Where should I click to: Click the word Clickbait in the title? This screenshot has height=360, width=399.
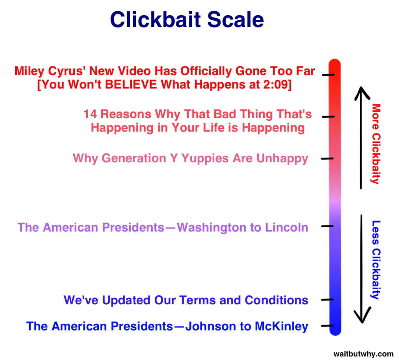click(x=155, y=19)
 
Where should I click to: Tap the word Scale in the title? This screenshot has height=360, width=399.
click(x=236, y=19)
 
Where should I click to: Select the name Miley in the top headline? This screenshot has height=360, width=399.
click(x=29, y=71)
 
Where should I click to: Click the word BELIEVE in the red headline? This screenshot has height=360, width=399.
click(x=131, y=84)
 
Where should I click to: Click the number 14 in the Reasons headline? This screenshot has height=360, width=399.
click(x=90, y=114)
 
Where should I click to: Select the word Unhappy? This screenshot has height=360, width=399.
click(x=282, y=159)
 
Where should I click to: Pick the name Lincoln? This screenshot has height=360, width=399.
click(x=286, y=227)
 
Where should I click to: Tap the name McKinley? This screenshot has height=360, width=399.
click(x=281, y=326)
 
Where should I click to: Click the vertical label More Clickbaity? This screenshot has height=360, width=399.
click(x=376, y=144)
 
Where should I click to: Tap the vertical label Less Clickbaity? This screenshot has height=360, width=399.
click(x=376, y=260)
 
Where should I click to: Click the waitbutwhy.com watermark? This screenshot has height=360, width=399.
click(x=364, y=354)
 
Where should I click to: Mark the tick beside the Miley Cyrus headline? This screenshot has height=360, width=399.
click(x=328, y=75)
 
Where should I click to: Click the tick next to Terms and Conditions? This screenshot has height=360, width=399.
click(x=327, y=300)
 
